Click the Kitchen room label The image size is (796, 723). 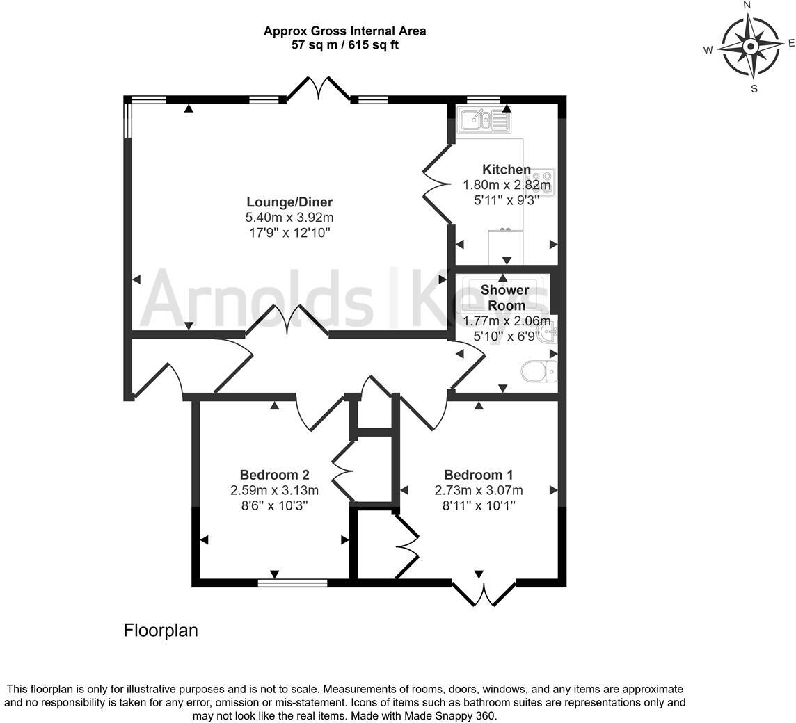pos(507,170)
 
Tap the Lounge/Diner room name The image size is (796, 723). pos(289,202)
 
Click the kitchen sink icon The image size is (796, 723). pos(484,120)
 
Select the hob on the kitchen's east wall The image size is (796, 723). pos(545,182)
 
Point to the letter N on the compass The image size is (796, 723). pos(747,6)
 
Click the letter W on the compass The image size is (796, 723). pos(708,49)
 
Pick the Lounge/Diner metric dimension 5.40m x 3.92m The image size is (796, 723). pos(289,218)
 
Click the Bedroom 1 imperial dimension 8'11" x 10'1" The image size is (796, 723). pos(478,505)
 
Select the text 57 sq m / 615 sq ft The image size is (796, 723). pos(344,45)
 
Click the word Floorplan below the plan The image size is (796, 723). pos(161,631)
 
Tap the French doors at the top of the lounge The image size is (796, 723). pos(319,89)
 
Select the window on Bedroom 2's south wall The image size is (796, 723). pos(292,583)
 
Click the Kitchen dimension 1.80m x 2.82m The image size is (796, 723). pos(507,185)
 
